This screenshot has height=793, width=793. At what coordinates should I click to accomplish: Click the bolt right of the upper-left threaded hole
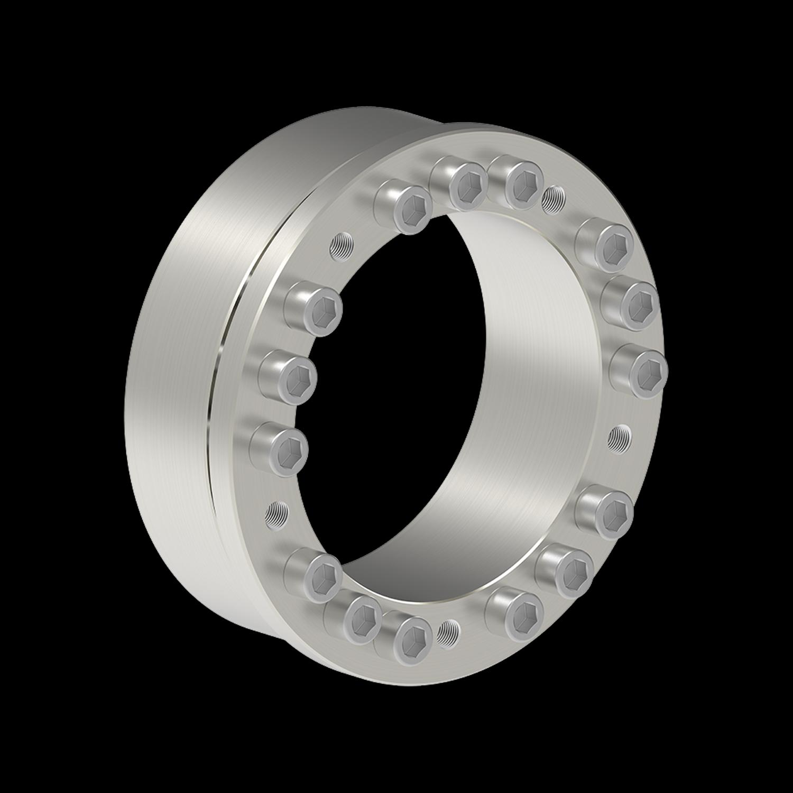pos(404,209)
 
